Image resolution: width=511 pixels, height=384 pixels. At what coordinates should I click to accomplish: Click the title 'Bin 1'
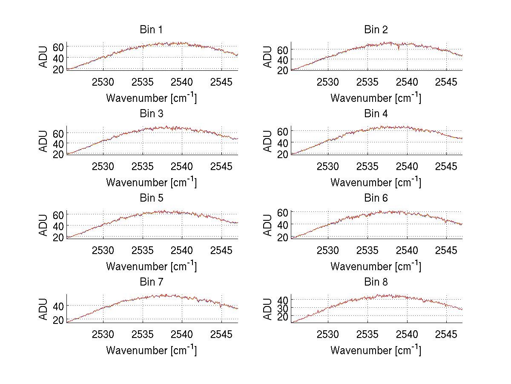tap(151, 30)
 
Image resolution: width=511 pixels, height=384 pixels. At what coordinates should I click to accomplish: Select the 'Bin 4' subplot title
tap(376, 114)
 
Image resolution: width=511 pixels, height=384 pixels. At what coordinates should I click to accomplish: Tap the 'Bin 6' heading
tap(376, 198)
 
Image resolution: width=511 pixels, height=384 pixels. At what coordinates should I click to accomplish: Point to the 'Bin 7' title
tap(151, 282)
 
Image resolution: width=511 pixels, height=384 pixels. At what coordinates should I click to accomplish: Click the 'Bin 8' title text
tap(376, 282)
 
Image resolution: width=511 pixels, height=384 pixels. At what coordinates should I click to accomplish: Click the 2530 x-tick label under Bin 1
tap(103, 82)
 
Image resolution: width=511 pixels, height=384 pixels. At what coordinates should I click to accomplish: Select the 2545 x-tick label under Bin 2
tap(446, 82)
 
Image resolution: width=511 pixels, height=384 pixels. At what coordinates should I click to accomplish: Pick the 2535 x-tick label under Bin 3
tap(143, 166)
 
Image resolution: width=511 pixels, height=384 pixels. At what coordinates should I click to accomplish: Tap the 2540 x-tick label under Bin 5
tap(182, 250)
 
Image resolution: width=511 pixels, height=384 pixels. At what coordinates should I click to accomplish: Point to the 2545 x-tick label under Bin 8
tap(446, 335)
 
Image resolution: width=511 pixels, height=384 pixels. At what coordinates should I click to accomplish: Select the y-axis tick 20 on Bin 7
tap(58, 320)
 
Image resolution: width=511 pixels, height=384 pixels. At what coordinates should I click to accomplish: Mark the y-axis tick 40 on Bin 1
tap(58, 58)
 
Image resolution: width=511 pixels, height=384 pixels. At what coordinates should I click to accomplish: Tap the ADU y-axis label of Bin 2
tap(268, 57)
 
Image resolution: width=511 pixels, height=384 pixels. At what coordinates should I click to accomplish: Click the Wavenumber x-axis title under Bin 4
tap(376, 182)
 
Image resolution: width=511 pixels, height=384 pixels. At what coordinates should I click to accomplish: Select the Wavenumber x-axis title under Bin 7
tap(151, 350)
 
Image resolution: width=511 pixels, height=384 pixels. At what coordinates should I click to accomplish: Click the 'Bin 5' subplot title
tap(151, 198)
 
